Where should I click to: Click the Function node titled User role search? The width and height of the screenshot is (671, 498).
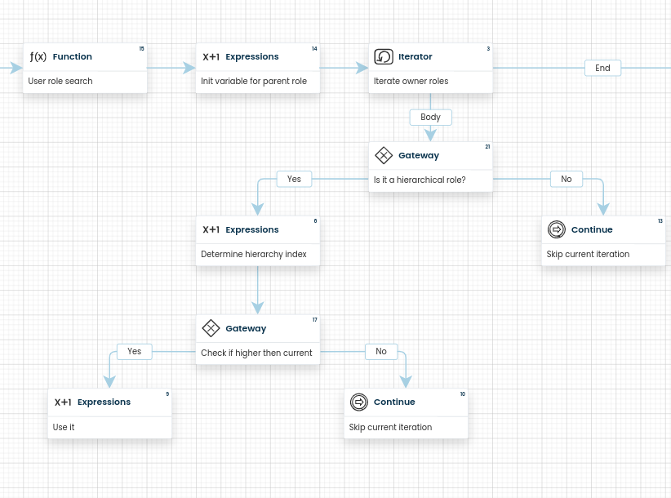(85, 68)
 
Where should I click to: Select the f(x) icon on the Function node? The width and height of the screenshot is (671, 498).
(38, 56)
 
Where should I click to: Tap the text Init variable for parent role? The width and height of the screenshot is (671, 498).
(254, 81)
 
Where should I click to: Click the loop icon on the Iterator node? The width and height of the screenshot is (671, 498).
(384, 56)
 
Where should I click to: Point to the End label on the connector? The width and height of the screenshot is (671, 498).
(602, 68)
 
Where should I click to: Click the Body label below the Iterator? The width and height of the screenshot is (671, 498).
(430, 118)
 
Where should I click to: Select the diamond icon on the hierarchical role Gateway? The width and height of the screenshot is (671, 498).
(384, 155)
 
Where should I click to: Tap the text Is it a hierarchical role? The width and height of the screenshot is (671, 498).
(420, 180)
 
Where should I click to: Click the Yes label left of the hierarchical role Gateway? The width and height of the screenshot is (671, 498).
(294, 179)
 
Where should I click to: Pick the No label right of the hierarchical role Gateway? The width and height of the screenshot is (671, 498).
(567, 179)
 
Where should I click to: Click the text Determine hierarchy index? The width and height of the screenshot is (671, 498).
(254, 254)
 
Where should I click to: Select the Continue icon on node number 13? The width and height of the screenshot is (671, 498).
(557, 229)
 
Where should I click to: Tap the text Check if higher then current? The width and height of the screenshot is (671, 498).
(256, 353)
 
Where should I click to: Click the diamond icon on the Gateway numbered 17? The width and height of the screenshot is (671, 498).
(211, 328)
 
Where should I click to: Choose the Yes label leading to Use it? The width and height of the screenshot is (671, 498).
(135, 351)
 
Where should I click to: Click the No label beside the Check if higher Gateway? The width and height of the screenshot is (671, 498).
(381, 351)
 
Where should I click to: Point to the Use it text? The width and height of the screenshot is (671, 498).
(64, 427)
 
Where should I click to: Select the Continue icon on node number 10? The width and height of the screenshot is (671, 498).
(359, 402)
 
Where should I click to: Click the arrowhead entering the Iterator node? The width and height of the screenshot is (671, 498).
(362, 68)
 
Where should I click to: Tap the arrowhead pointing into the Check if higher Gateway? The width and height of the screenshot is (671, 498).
(258, 308)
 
